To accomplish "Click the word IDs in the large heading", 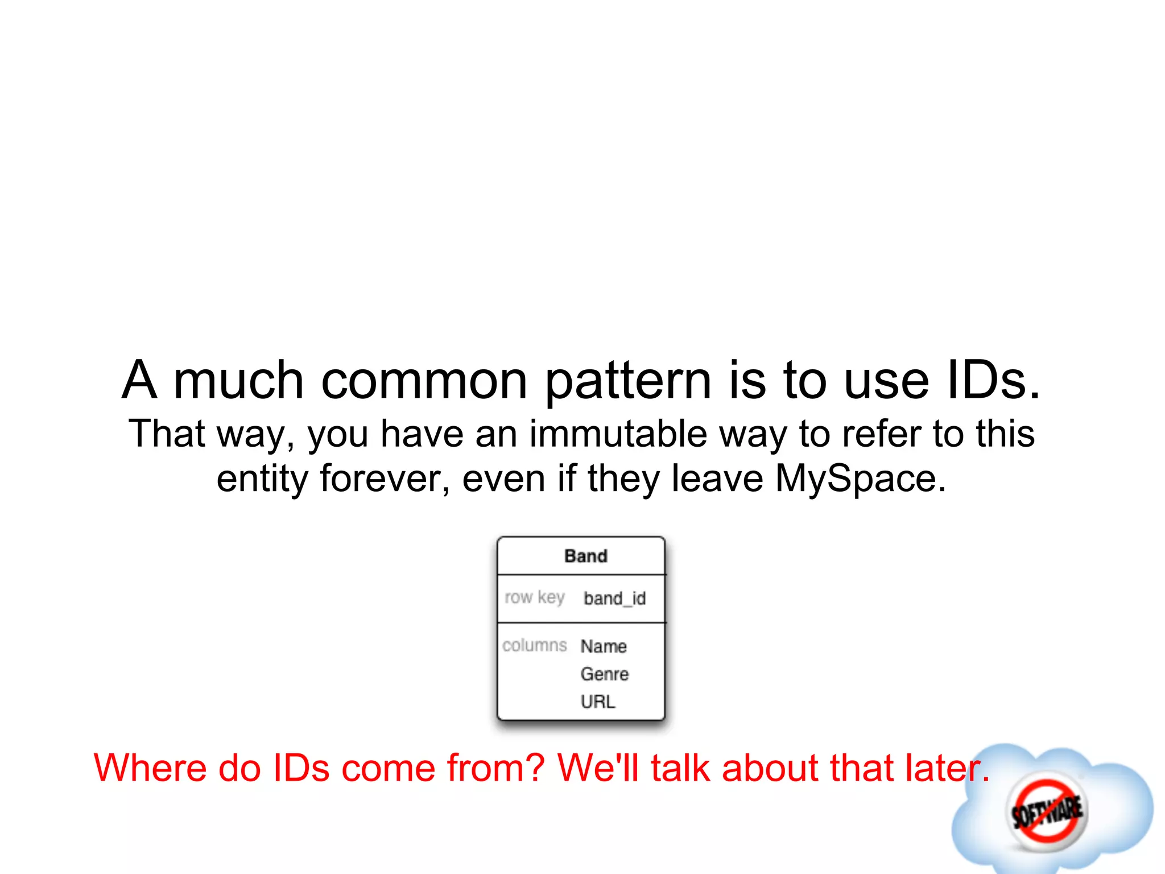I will click(x=993, y=380).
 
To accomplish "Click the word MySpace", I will click(x=860, y=479).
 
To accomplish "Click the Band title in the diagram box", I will click(x=585, y=556).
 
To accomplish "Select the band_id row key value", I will click(x=614, y=599).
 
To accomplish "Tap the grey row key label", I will click(x=534, y=597).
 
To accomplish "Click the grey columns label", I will click(x=534, y=645).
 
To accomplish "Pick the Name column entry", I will click(x=604, y=646).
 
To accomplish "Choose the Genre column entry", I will click(x=604, y=674).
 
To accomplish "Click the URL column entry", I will click(x=597, y=702).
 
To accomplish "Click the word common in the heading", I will click(x=424, y=380).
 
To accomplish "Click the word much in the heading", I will click(x=238, y=380).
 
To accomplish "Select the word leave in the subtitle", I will click(x=717, y=479).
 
